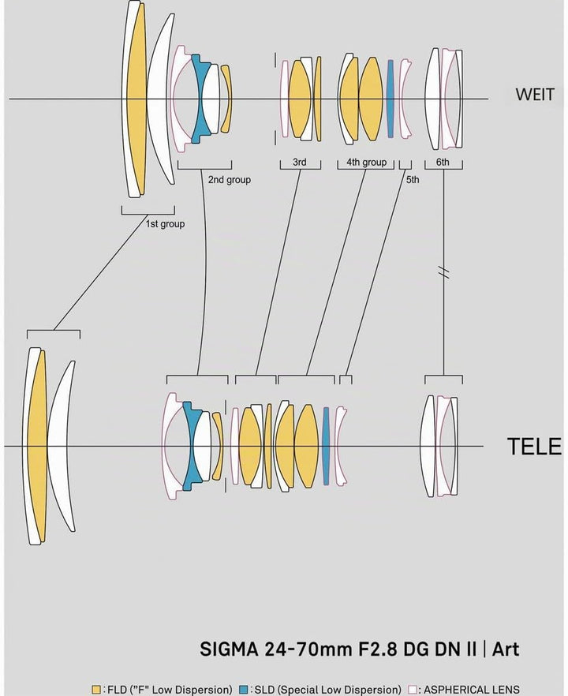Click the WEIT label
[x=535, y=95]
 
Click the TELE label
[x=534, y=447]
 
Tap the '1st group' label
[x=165, y=224]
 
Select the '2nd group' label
[x=229, y=180]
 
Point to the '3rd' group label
[x=300, y=162]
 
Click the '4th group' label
[x=367, y=163]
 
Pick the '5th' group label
[x=413, y=180]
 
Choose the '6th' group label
[x=443, y=162]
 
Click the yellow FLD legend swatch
[x=96, y=690]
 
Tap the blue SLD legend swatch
[x=244, y=690]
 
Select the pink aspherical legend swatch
[x=413, y=690]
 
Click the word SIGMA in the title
[x=229, y=649]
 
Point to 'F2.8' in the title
[x=378, y=649]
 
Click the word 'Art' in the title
[x=506, y=649]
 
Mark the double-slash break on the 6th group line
[x=443, y=271]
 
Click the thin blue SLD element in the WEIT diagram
[x=390, y=99]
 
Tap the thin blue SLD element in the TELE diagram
[x=326, y=446]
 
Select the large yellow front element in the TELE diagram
[x=37, y=446]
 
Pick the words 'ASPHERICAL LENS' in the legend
[x=472, y=690]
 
